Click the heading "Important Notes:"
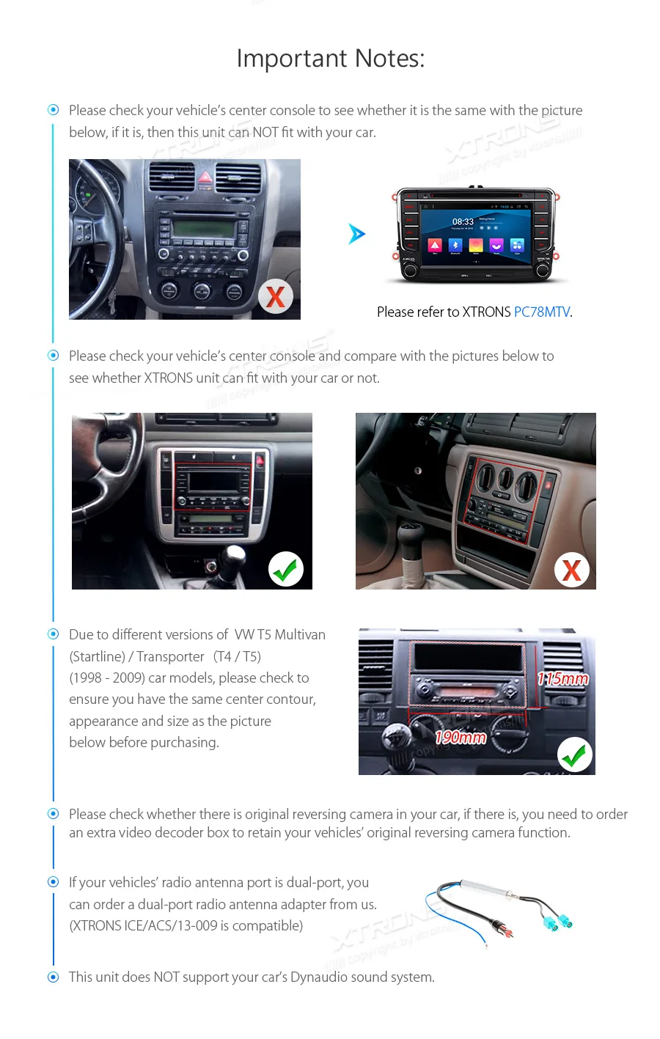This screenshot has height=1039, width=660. [330, 59]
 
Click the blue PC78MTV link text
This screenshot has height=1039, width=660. [541, 312]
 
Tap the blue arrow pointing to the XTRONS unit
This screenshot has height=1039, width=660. [356, 234]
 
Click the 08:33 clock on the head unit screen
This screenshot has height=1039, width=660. [463, 221]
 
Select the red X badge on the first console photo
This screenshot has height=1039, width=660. [276, 297]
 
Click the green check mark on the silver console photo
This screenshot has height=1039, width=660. [286, 569]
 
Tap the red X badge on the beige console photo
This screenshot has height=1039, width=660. [572, 570]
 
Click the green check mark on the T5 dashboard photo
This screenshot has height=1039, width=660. [575, 755]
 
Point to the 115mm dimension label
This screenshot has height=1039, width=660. [563, 679]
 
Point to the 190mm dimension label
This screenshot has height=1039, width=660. [461, 738]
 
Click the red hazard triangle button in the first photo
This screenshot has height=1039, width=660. [205, 178]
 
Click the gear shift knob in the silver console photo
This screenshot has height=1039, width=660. [235, 555]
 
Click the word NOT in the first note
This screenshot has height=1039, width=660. [265, 133]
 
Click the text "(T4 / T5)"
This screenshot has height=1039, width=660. [237, 657]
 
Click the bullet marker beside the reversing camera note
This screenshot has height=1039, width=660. [53, 814]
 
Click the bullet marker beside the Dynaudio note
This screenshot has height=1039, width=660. [53, 977]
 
